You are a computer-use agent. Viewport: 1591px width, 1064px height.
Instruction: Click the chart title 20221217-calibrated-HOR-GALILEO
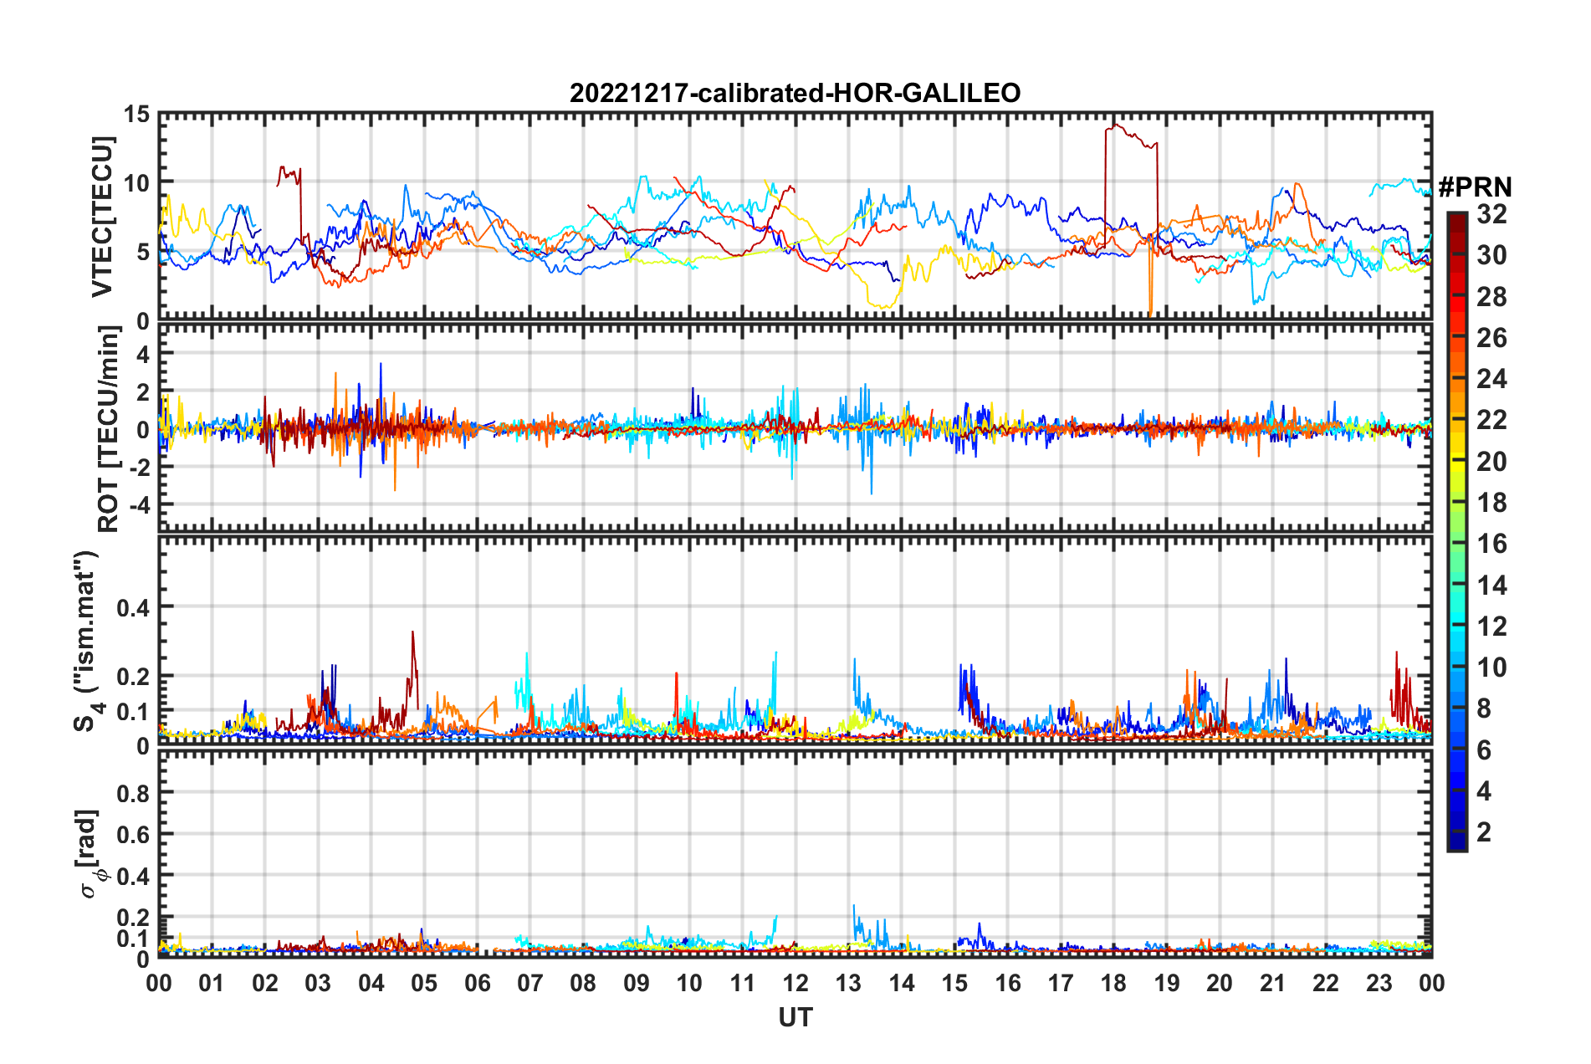click(x=795, y=93)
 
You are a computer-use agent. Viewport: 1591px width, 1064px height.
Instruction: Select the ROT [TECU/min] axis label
click(x=109, y=429)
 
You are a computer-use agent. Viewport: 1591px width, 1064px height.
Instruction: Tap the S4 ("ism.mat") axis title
click(x=87, y=641)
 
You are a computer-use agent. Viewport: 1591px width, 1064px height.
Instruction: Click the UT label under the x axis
click(x=795, y=1017)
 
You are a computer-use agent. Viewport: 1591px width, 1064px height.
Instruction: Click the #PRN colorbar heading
click(x=1475, y=187)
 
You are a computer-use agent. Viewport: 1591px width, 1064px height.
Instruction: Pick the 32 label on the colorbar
click(x=1491, y=214)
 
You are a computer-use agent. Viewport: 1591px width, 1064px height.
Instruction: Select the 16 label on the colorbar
click(x=1491, y=544)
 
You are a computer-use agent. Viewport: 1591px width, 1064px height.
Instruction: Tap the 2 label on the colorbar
click(x=1484, y=832)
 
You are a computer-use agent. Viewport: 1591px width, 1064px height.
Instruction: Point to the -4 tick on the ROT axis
click(x=139, y=505)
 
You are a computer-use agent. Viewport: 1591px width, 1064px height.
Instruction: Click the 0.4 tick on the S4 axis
click(x=133, y=608)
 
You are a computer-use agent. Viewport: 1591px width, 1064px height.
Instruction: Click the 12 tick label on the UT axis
click(x=795, y=984)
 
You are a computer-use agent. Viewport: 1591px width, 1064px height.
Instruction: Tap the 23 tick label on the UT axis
click(x=1379, y=984)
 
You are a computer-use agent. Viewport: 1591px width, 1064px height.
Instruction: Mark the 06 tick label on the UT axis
click(x=477, y=984)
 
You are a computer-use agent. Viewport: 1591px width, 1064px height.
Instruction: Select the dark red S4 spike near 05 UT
click(x=412, y=634)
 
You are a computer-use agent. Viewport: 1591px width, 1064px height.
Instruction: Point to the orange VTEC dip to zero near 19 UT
click(x=1150, y=311)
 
